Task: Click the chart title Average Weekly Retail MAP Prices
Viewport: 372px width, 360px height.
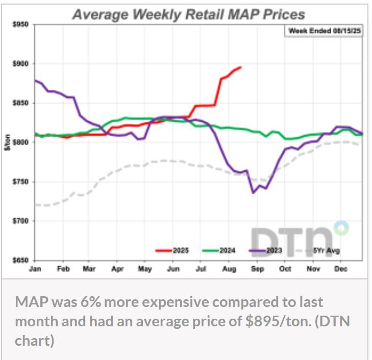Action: pos(188,14)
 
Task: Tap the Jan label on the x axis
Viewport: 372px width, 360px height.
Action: pos(36,269)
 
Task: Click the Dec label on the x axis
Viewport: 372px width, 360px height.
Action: pos(339,269)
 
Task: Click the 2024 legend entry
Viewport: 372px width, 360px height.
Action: pos(220,250)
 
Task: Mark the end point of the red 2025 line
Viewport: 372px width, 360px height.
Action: pos(241,67)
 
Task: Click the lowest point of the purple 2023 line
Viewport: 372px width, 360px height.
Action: pos(253,193)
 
